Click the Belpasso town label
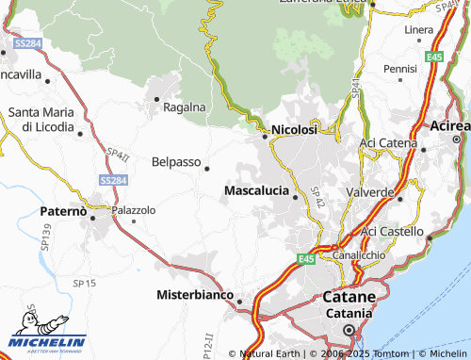tap(175, 161)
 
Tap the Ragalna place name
tap(184, 106)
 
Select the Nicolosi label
tap(293, 130)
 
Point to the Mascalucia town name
tap(256, 190)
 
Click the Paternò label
tap(63, 212)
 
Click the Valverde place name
tap(371, 192)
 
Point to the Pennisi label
tap(399, 69)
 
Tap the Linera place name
tap(418, 30)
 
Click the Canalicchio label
tap(354, 255)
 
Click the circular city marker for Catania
tap(349, 330)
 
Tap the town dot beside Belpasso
tap(207, 169)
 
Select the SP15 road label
tap(84, 283)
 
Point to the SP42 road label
tap(317, 197)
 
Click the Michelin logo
tap(46, 340)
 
